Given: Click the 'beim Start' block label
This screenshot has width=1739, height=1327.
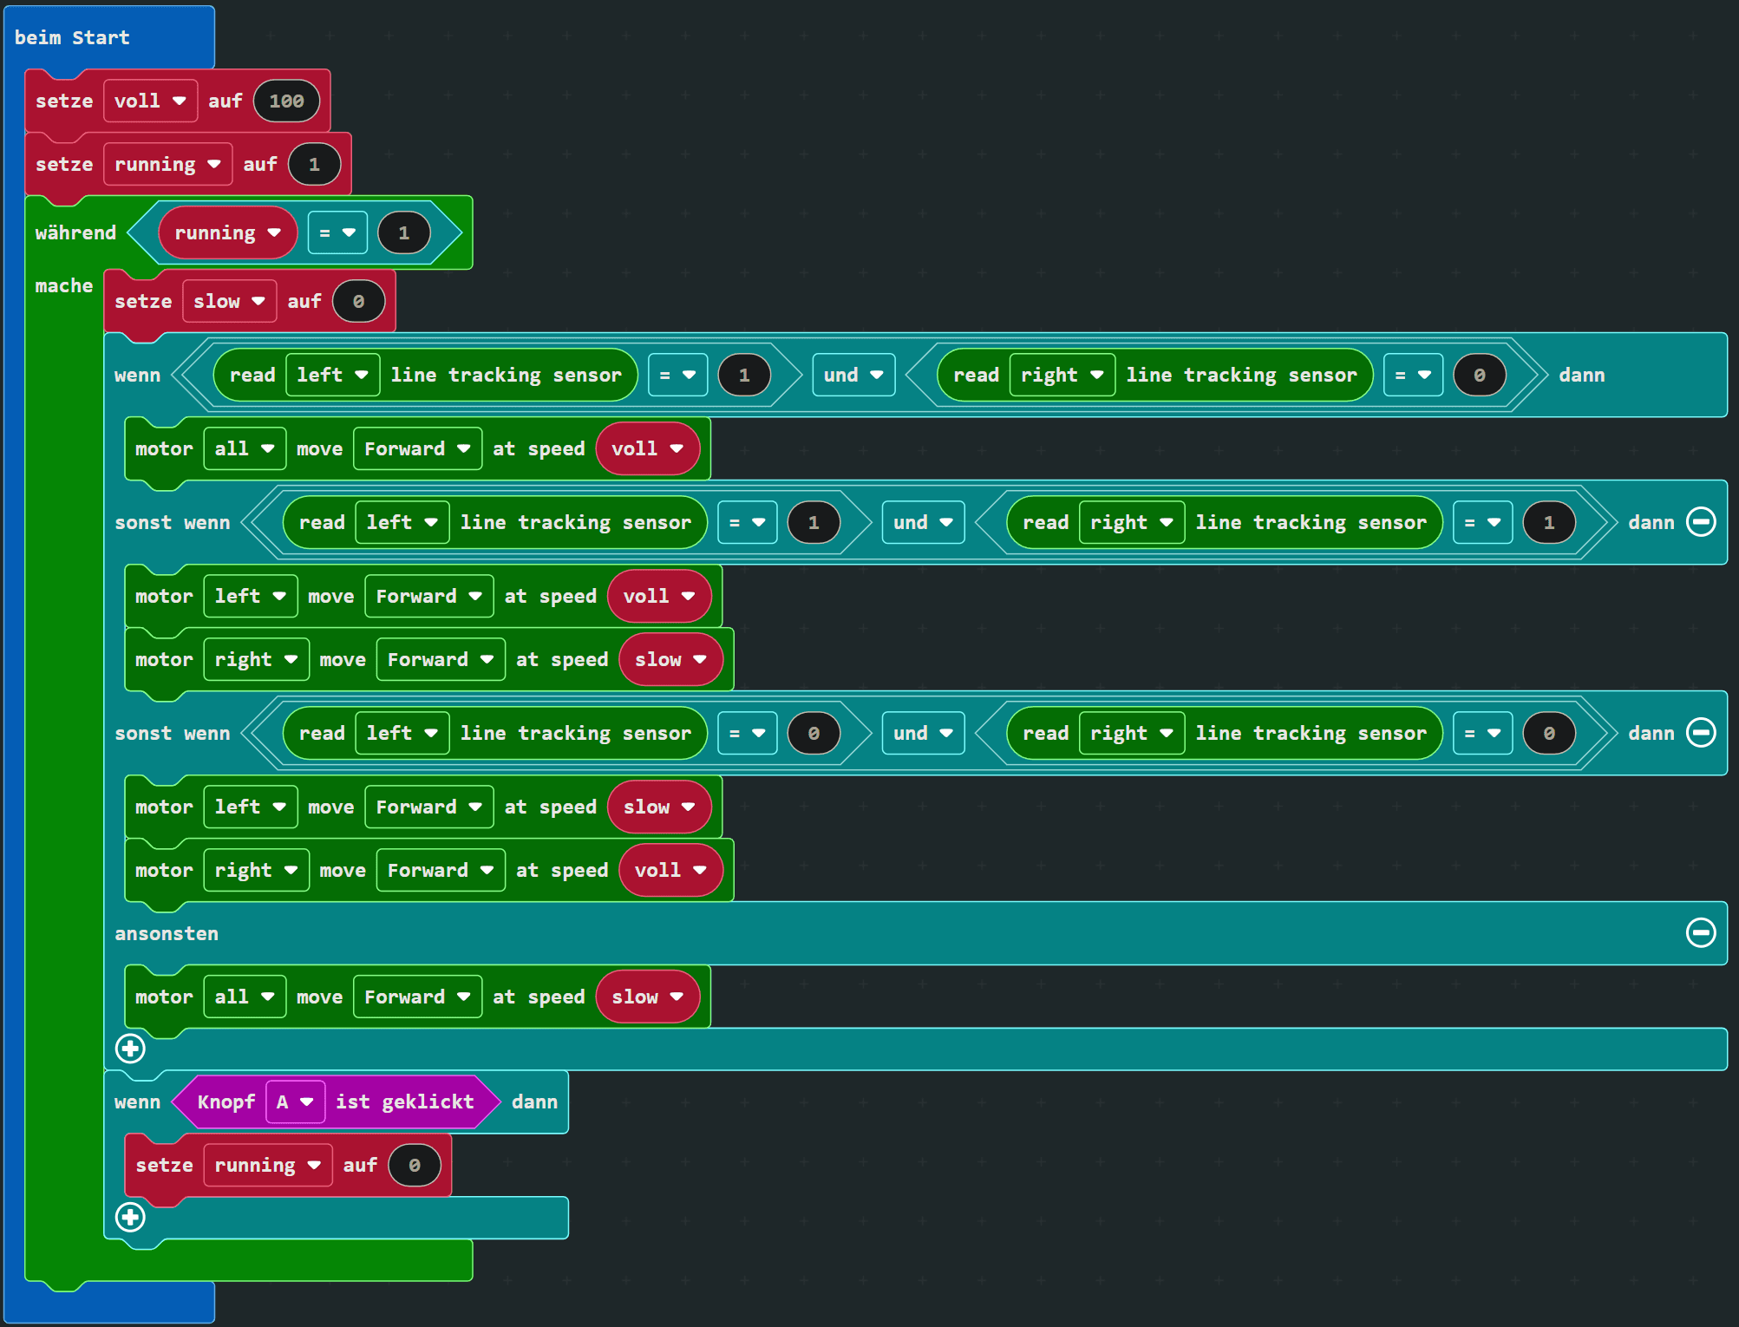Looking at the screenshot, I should point(72,37).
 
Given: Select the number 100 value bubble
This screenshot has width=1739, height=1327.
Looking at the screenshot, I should point(286,101).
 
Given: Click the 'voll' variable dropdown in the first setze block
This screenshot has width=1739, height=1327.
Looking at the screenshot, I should point(150,101).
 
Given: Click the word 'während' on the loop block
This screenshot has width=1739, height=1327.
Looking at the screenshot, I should point(75,233).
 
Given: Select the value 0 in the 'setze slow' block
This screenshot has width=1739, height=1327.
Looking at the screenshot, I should point(358,302).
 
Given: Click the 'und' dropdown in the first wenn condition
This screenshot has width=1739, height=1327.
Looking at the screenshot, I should point(853,376).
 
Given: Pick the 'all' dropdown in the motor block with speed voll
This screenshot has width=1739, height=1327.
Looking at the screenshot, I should point(244,449).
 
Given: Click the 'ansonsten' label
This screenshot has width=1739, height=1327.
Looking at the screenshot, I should point(167,934).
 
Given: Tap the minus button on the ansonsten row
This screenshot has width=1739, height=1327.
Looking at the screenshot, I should point(1700,933).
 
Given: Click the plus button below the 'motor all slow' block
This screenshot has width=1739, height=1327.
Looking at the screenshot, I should point(131,1049).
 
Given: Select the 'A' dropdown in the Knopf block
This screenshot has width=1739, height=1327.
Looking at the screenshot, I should point(295,1102).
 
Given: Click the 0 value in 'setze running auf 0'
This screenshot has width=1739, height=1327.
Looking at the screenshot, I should point(415,1166).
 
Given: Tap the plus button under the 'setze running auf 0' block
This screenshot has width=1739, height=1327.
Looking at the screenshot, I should point(131,1218).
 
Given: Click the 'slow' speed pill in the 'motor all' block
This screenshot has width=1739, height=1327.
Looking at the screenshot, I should point(647,997).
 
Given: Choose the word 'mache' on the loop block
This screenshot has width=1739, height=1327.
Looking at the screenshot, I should point(64,286).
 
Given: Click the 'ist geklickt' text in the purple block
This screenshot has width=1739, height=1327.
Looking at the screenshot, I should point(405,1102).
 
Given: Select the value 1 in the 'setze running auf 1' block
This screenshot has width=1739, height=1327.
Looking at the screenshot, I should point(314,165).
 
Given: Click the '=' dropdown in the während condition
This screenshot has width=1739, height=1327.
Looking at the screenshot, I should point(337,233).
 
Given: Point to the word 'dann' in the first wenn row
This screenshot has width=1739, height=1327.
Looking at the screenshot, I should point(1581,376).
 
